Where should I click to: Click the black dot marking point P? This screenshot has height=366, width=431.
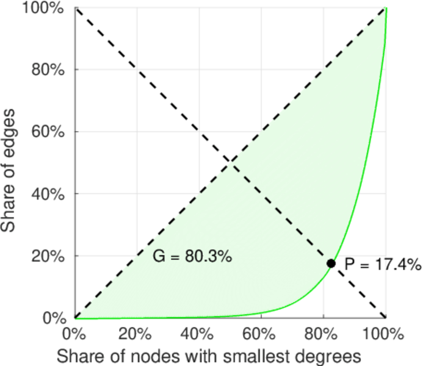(x=331, y=264)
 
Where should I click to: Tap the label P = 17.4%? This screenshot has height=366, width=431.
(x=383, y=264)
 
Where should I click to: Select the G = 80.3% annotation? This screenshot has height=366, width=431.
(x=192, y=257)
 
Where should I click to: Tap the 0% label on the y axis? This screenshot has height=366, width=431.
(x=56, y=318)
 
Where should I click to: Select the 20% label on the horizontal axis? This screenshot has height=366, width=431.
(x=136, y=334)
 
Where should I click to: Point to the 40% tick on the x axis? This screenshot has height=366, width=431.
(x=198, y=334)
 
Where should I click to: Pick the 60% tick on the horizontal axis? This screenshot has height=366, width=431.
(x=261, y=334)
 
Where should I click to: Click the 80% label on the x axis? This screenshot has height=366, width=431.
(x=323, y=334)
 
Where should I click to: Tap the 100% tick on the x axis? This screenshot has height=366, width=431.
(x=385, y=334)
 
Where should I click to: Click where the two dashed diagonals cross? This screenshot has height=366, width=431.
(x=230, y=162)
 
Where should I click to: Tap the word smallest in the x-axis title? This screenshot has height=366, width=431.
(x=250, y=355)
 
